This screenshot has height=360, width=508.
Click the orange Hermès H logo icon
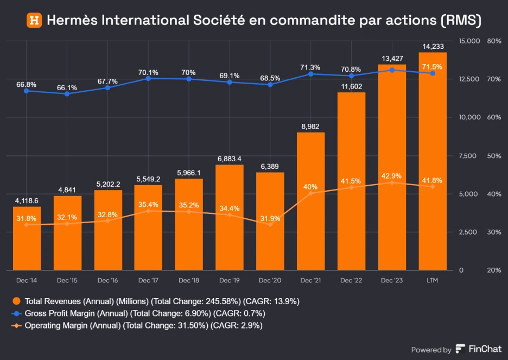34,21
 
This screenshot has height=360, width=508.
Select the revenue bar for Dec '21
310,201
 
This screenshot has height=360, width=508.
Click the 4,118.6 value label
27,201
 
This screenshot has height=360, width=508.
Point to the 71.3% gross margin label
310,67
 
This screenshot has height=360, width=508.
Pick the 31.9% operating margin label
270,219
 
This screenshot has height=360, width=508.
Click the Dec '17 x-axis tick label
148,280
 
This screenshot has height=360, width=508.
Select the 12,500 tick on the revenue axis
469,79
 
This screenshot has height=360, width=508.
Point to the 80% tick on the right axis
494,41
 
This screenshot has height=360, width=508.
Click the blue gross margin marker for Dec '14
27,91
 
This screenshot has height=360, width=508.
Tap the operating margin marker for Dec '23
392,182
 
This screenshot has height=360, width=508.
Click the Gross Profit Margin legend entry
144,313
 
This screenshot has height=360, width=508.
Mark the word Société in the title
219,21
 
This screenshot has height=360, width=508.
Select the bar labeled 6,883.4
229,217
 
